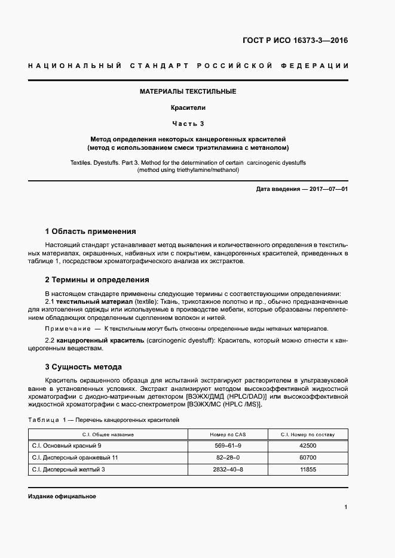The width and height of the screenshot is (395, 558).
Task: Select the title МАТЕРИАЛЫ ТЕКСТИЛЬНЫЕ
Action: click(x=188, y=91)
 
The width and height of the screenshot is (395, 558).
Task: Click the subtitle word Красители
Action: click(x=188, y=108)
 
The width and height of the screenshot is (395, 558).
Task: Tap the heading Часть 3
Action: click(x=188, y=124)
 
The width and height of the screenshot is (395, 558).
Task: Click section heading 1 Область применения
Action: click(x=91, y=231)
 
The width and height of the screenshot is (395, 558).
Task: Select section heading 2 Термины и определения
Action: click(x=97, y=279)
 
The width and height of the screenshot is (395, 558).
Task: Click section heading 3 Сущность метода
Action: click(x=84, y=366)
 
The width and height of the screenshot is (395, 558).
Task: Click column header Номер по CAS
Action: click(x=228, y=434)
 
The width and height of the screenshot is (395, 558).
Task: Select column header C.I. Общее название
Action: click(x=108, y=434)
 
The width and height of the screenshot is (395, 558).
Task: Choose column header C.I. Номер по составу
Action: click(x=308, y=434)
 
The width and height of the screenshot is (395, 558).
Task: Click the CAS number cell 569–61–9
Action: click(x=228, y=446)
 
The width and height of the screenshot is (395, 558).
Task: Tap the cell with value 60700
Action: click(x=308, y=458)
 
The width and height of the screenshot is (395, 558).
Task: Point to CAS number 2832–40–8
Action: click(x=228, y=470)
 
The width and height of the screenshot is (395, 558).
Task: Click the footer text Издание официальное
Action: click(x=62, y=497)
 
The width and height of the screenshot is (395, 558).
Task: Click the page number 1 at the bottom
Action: click(x=346, y=507)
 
